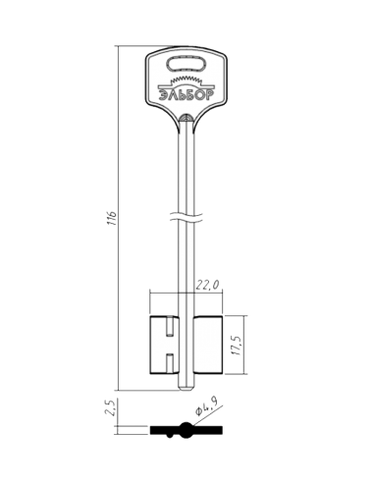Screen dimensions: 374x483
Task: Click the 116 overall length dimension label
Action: click(112, 218)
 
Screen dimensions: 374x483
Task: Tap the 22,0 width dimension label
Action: click(207, 285)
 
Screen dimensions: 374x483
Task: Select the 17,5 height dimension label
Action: click(238, 345)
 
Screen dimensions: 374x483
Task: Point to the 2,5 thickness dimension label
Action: click(111, 407)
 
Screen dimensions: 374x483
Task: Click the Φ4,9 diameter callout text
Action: click(207, 405)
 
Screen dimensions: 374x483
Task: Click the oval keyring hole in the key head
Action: click(186, 64)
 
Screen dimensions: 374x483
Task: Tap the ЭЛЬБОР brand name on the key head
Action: click(186, 95)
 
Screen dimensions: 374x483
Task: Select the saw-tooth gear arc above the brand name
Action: click(186, 80)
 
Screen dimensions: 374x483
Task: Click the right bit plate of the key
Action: click(208, 345)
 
